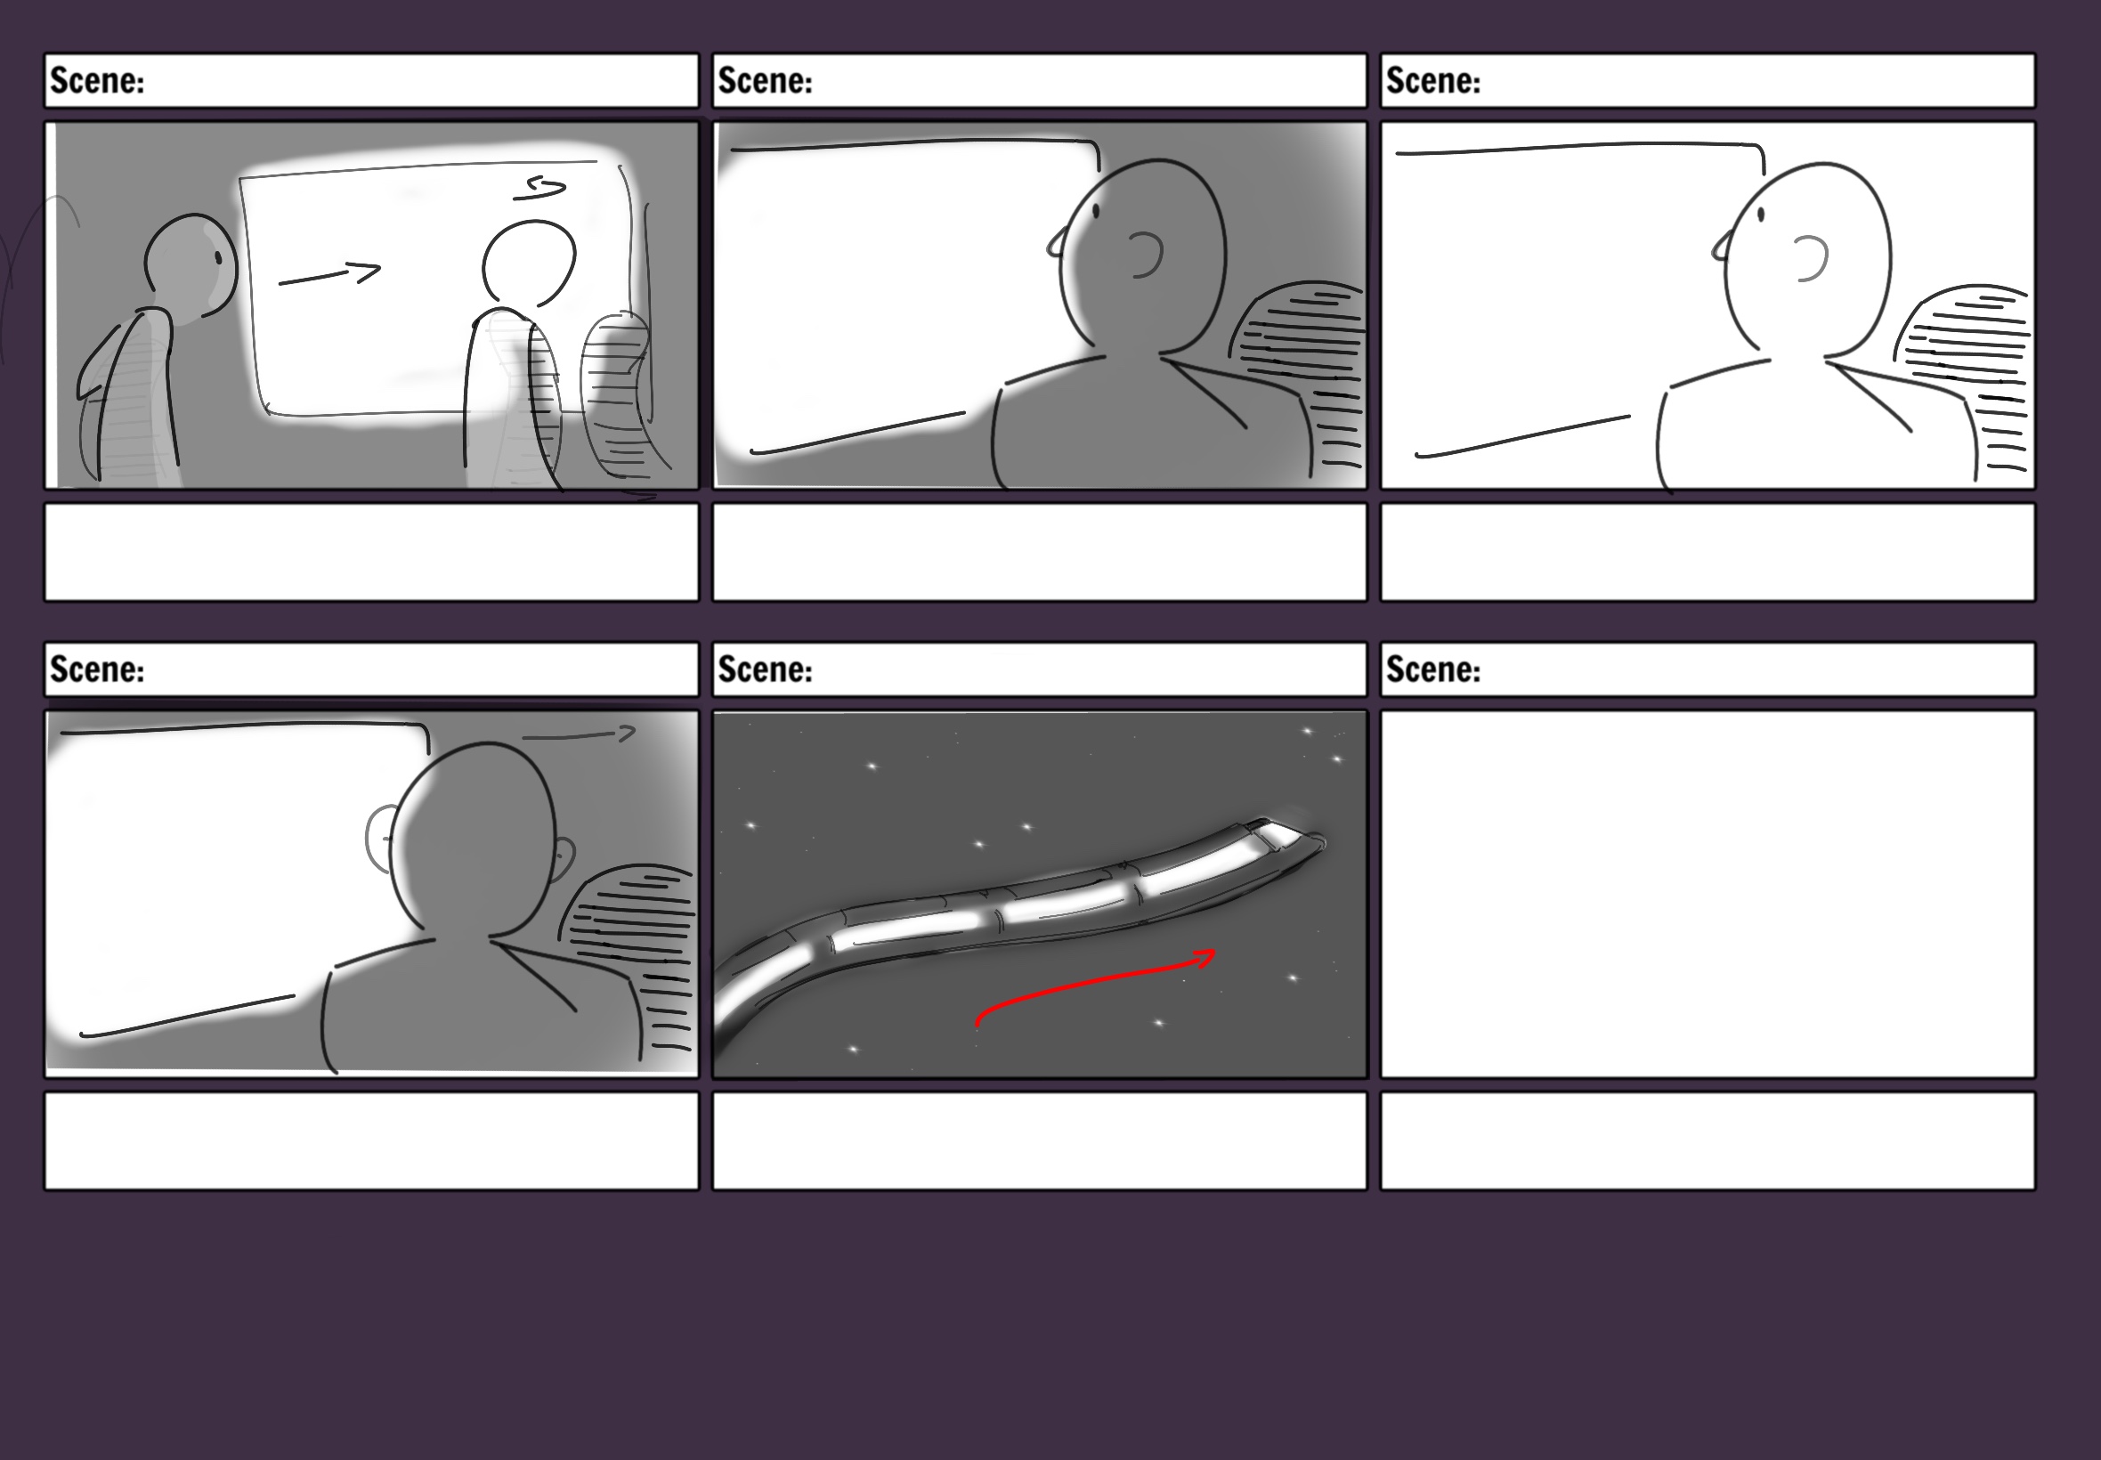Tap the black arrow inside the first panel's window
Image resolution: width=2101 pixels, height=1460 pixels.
click(x=329, y=273)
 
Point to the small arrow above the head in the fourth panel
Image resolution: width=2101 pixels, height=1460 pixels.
click(x=578, y=734)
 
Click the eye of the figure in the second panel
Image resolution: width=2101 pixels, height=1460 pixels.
click(x=1096, y=210)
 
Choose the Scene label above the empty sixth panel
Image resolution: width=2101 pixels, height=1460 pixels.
click(x=1432, y=669)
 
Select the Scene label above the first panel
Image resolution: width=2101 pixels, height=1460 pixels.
click(x=97, y=80)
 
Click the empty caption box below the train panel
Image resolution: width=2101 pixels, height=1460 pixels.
click(x=1040, y=1140)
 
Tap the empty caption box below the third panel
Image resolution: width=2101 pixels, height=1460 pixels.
click(x=1708, y=552)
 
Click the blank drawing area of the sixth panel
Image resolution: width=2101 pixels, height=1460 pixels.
click(x=1708, y=894)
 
